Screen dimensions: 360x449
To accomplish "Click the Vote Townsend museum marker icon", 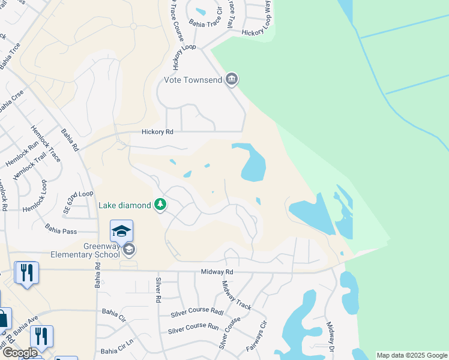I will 232,80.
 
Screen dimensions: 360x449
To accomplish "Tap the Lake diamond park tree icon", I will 160,206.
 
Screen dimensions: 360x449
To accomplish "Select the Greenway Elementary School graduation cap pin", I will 121,231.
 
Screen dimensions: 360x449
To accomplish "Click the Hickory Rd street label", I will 157,132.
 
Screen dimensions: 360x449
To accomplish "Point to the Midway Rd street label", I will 217,272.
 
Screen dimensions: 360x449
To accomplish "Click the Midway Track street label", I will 237,295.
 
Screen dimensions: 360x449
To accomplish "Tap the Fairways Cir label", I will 257,337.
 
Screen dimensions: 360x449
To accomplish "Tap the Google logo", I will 19,353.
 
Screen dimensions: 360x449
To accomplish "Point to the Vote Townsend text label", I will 193,80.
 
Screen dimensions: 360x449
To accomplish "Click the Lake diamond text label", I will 125,206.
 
